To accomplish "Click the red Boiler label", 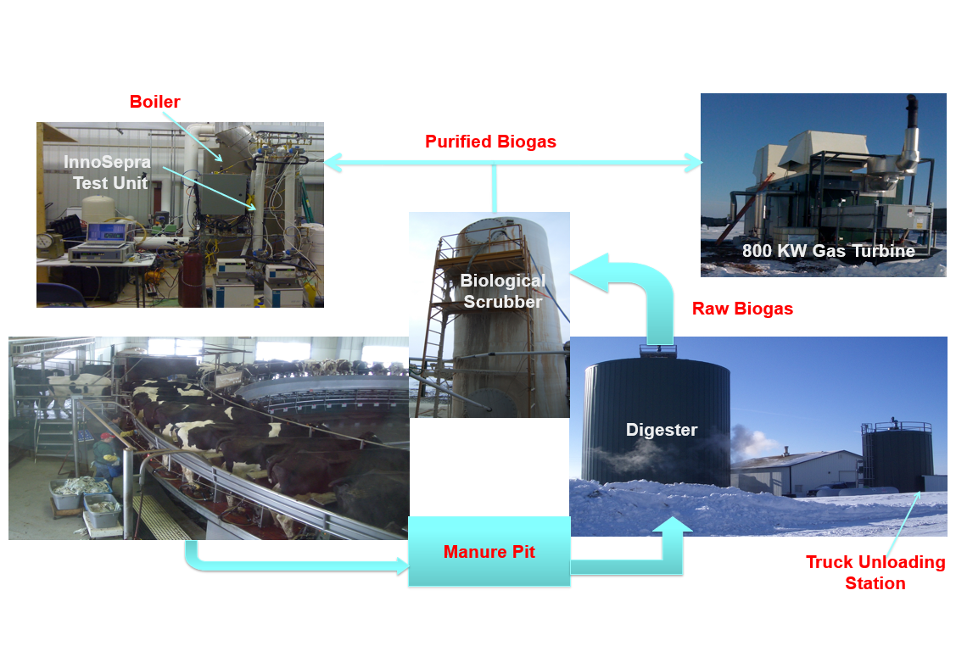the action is tap(154, 103).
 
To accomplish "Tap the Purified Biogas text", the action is tap(490, 142).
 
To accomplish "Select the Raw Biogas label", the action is tap(742, 309).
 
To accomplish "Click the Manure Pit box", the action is tap(489, 552).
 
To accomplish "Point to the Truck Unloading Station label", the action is tap(875, 572).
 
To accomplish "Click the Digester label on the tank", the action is tap(661, 430).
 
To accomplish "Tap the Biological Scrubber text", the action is tap(502, 291).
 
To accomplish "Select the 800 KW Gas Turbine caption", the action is tap(828, 251).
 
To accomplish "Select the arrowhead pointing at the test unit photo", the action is tap(333, 162).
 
